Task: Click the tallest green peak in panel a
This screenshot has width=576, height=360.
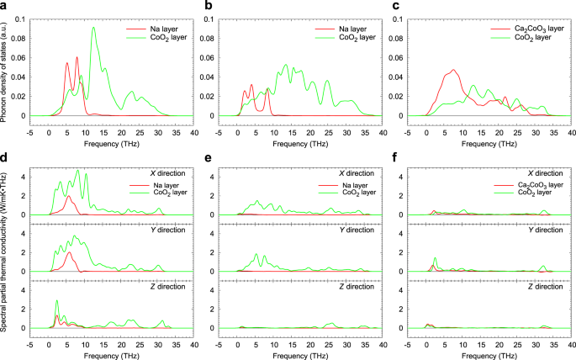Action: pyautogui.click(x=94, y=28)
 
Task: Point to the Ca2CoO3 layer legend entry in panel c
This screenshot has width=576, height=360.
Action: pyautogui.click(x=519, y=29)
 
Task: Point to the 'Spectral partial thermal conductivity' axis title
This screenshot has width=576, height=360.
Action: pyautogui.click(x=5, y=252)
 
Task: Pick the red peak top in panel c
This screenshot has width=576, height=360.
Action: pyautogui.click(x=453, y=70)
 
